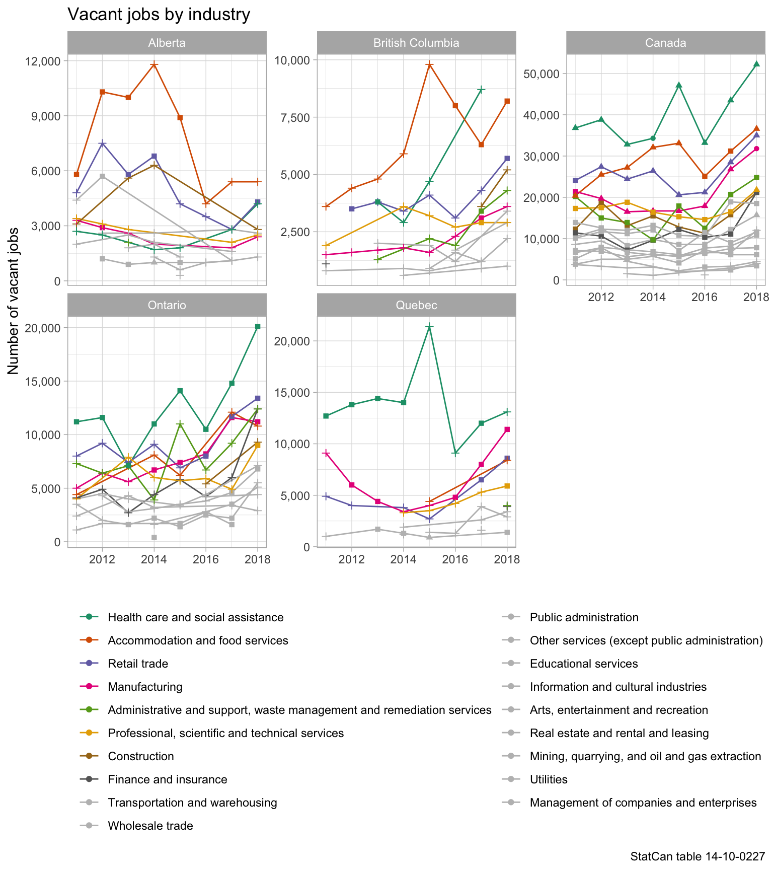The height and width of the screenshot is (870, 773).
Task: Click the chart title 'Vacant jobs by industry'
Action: tap(159, 15)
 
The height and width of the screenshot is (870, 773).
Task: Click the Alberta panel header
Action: tap(167, 43)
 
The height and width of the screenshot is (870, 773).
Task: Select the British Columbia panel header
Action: tap(416, 43)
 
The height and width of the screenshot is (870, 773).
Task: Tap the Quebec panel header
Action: tap(416, 305)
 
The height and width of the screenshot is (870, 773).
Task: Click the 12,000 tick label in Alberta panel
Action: tap(42, 61)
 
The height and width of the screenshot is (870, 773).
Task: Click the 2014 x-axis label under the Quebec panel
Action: tap(403, 559)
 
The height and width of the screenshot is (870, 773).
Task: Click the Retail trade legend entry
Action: tap(138, 664)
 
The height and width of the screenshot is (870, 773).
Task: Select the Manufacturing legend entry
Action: tap(145, 687)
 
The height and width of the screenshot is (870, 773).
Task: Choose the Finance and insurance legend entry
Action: tap(167, 779)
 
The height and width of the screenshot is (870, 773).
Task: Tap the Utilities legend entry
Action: tap(549, 779)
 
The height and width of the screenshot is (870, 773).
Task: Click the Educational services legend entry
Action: tap(584, 664)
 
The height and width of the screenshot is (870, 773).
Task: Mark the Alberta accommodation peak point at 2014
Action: tap(154, 64)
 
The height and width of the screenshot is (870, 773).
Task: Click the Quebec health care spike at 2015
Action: tap(429, 326)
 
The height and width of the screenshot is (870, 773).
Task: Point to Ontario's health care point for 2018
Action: tap(258, 327)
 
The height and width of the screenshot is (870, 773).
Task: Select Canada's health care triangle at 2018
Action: tap(756, 64)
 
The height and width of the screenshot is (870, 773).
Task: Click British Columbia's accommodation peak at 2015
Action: tap(429, 64)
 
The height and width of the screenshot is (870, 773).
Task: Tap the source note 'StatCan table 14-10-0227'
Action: tap(698, 856)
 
